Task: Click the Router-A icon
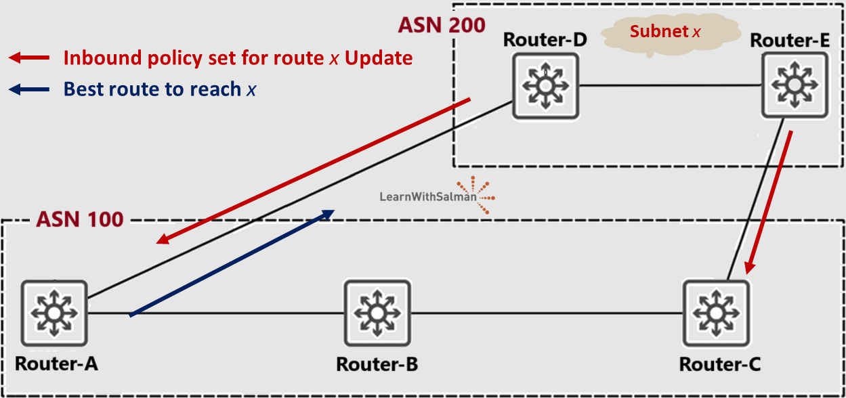[54, 313]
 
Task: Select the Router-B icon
[377, 313]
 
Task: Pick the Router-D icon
[545, 86]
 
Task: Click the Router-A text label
[56, 363]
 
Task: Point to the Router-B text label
[377, 364]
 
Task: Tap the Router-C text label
[719, 364]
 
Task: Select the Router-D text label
[545, 39]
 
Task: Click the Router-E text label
[790, 40]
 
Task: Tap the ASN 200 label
[441, 25]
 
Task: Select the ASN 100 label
[79, 219]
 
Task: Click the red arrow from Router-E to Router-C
[769, 201]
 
